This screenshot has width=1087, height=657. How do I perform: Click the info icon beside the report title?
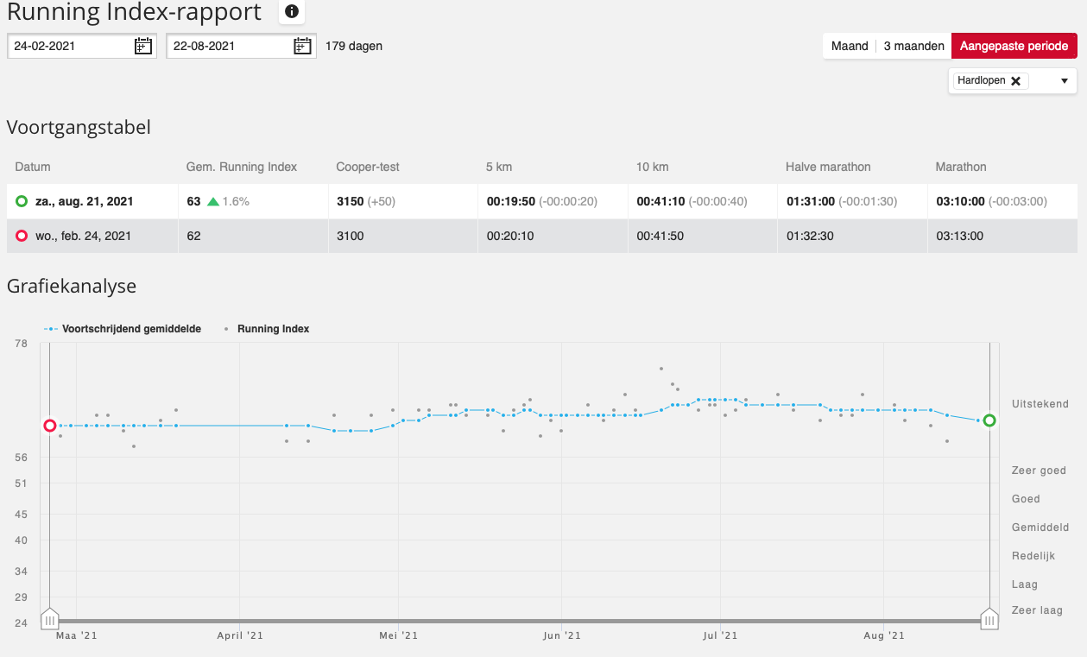pyautogui.click(x=291, y=11)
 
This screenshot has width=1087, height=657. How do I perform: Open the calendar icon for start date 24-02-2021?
pyautogui.click(x=142, y=46)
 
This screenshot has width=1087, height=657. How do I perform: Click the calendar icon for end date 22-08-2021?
pyautogui.click(x=302, y=46)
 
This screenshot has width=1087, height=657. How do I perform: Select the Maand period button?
pyautogui.click(x=850, y=46)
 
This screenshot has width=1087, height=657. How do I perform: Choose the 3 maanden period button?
pyautogui.click(x=913, y=46)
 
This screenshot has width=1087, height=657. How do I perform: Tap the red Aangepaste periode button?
pyautogui.click(x=1014, y=46)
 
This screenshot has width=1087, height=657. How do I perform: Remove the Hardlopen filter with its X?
pyautogui.click(x=1015, y=81)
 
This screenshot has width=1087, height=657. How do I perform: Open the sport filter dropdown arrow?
pyautogui.click(x=1065, y=81)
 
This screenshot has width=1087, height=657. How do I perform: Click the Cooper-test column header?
pyautogui.click(x=367, y=167)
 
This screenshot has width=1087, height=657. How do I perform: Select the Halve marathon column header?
pyautogui.click(x=828, y=167)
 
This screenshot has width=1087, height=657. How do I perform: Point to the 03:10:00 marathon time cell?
pyautogui.click(x=960, y=201)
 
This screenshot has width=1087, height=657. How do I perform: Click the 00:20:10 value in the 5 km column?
pyautogui.click(x=510, y=236)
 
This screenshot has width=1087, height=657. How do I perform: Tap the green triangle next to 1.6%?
pyautogui.click(x=213, y=201)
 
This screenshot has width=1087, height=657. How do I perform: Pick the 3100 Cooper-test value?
pyautogui.click(x=350, y=236)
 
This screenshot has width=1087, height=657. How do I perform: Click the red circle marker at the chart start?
pyautogui.click(x=49, y=426)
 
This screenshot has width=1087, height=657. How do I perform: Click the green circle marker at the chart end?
pyautogui.click(x=989, y=420)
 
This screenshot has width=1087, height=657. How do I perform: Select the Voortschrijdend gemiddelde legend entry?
pyautogui.click(x=123, y=329)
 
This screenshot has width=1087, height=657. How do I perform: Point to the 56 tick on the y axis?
pyautogui.click(x=21, y=458)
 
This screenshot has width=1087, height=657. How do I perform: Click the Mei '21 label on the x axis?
pyautogui.click(x=398, y=635)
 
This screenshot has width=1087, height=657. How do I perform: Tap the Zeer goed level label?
pyautogui.click(x=1039, y=471)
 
